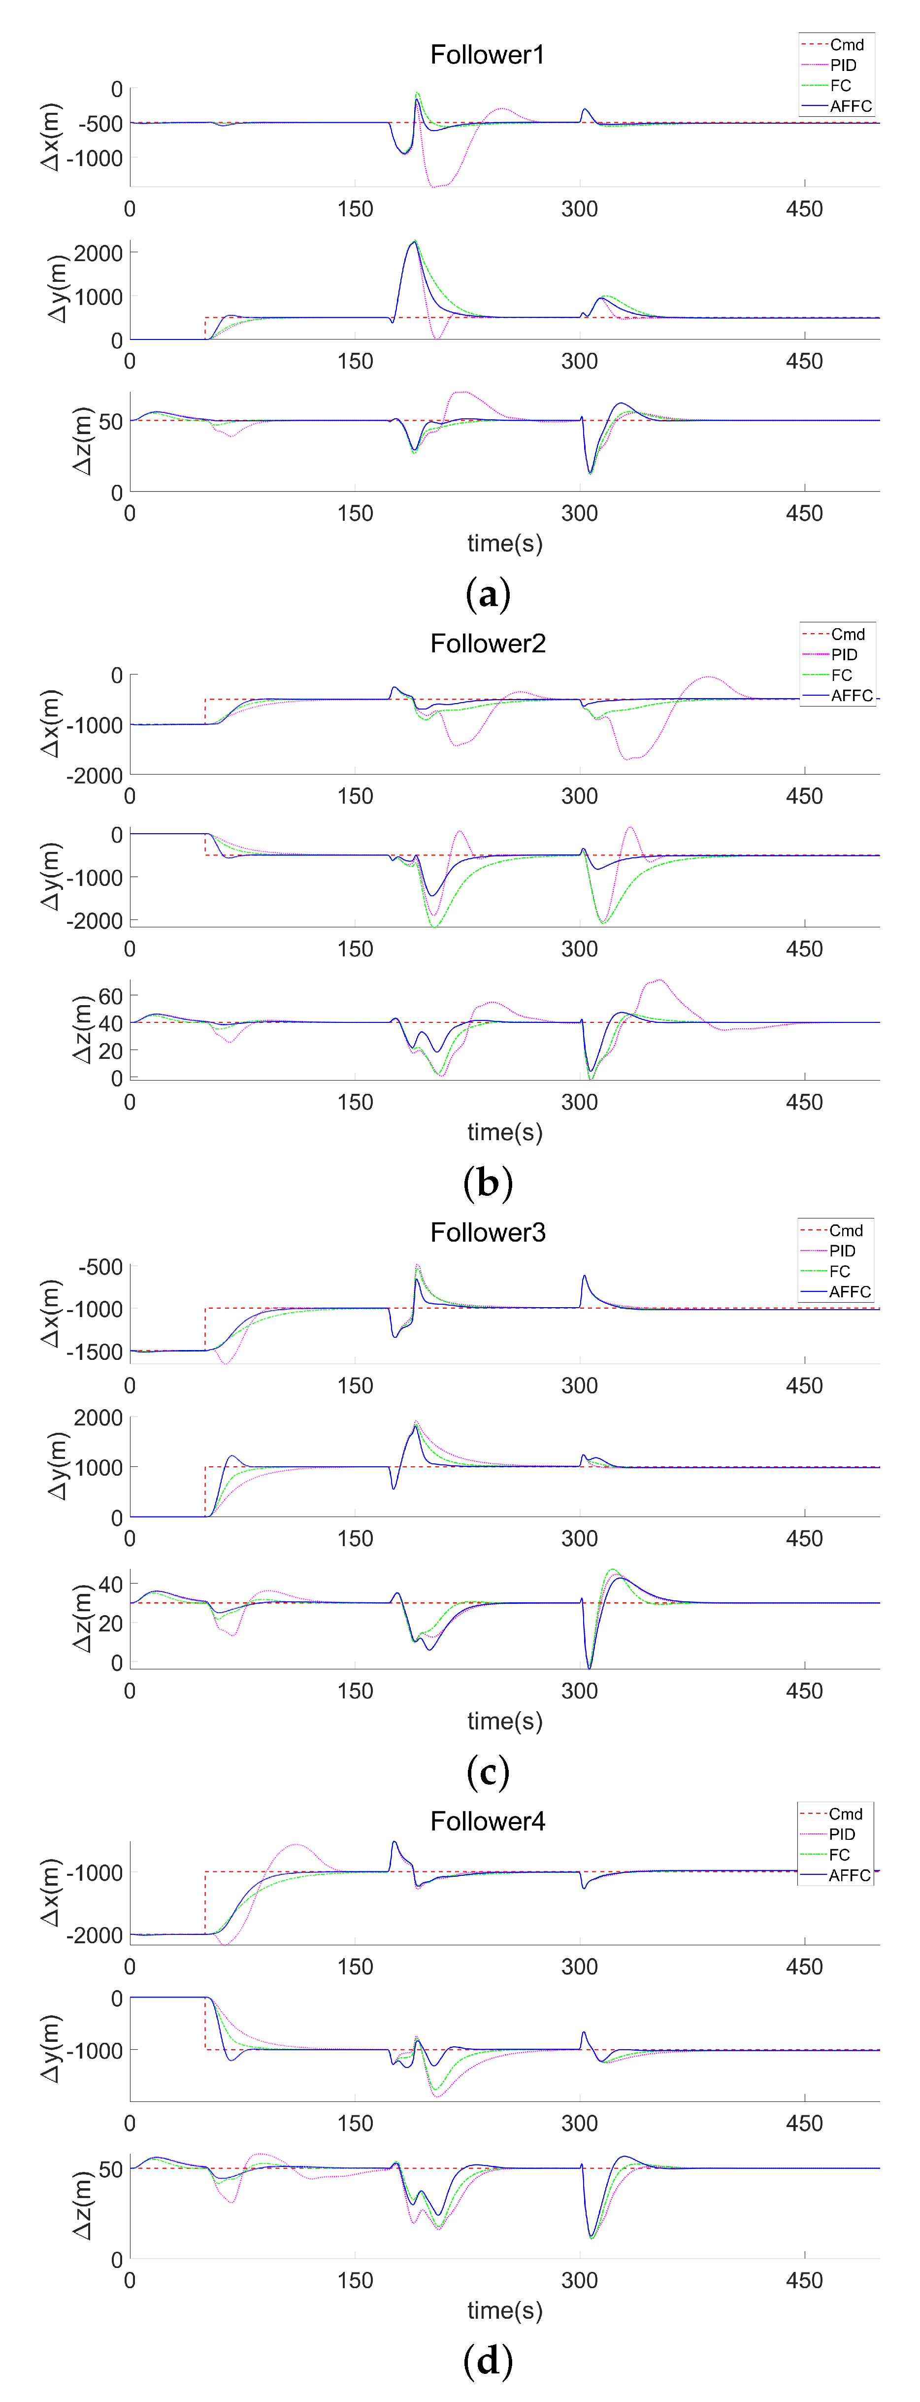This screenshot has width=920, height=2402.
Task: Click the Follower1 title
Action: coord(487,55)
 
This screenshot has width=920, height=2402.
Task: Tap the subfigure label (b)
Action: coord(488,1183)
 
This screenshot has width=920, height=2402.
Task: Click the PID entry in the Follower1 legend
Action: coord(843,65)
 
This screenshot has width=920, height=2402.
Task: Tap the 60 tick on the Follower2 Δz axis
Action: coord(110,996)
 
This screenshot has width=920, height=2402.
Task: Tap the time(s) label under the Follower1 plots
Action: coord(504,543)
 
